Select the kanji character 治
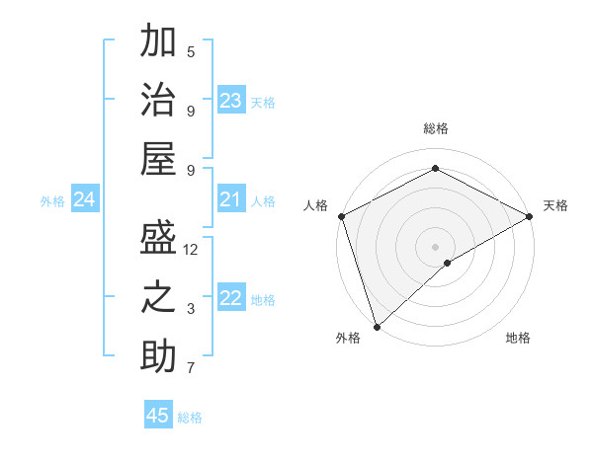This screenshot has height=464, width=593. tap(158, 100)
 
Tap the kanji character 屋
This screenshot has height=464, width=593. tap(158, 158)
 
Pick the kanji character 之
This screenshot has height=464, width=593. tap(158, 298)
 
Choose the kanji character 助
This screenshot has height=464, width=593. tap(158, 356)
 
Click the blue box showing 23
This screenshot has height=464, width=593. tap(231, 100)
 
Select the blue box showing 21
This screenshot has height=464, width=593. tap(231, 200)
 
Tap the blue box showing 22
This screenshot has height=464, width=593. tap(231, 298)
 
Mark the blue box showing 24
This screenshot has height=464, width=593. tap(84, 200)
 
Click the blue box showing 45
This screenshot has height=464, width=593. tap(158, 416)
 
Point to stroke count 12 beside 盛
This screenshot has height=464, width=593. tap(191, 250)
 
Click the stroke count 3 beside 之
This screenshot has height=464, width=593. tap(191, 309)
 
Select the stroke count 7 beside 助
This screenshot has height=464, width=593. tap(191, 368)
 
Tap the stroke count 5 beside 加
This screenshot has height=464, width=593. tap(191, 51)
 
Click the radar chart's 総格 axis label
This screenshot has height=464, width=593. tap(435, 128)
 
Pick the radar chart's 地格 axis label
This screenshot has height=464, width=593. tap(518, 338)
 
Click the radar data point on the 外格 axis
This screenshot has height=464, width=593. tap(376, 326)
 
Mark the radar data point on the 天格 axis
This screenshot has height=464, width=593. tap(530, 215)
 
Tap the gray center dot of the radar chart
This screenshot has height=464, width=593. tap(435, 246)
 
